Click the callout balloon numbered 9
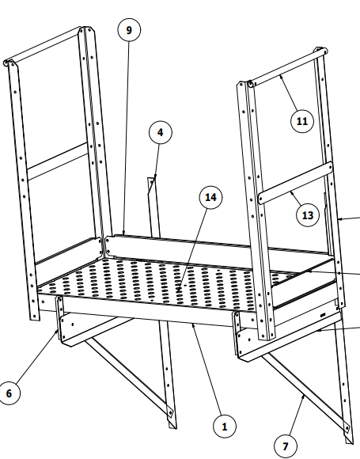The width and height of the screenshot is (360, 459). (x=129, y=30)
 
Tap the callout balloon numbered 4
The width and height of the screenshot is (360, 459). (x=161, y=132)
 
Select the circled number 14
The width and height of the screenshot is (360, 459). (x=210, y=197)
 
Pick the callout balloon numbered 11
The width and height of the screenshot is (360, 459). (x=302, y=121)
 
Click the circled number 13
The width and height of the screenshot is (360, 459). (x=308, y=215)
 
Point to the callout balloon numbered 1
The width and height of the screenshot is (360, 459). (x=225, y=427)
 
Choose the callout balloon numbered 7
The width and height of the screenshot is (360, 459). (x=286, y=446)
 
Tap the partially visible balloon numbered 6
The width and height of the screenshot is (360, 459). (x=9, y=393)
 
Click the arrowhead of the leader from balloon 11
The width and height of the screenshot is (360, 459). (x=281, y=76)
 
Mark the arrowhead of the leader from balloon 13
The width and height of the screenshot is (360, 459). (x=290, y=192)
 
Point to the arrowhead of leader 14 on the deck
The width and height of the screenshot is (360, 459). (x=178, y=291)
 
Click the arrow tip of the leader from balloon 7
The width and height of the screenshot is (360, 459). (x=304, y=396)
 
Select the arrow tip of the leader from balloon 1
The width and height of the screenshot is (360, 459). (x=192, y=324)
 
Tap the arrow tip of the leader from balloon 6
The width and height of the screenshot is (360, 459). (x=58, y=330)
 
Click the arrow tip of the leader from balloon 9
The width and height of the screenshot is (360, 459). (x=123, y=233)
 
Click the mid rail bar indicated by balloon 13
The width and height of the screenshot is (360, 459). (x=296, y=183)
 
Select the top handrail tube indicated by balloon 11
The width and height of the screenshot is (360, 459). (x=287, y=67)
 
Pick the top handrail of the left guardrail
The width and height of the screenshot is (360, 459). (x=43, y=45)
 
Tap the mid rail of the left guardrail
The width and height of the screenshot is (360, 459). (x=58, y=161)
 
